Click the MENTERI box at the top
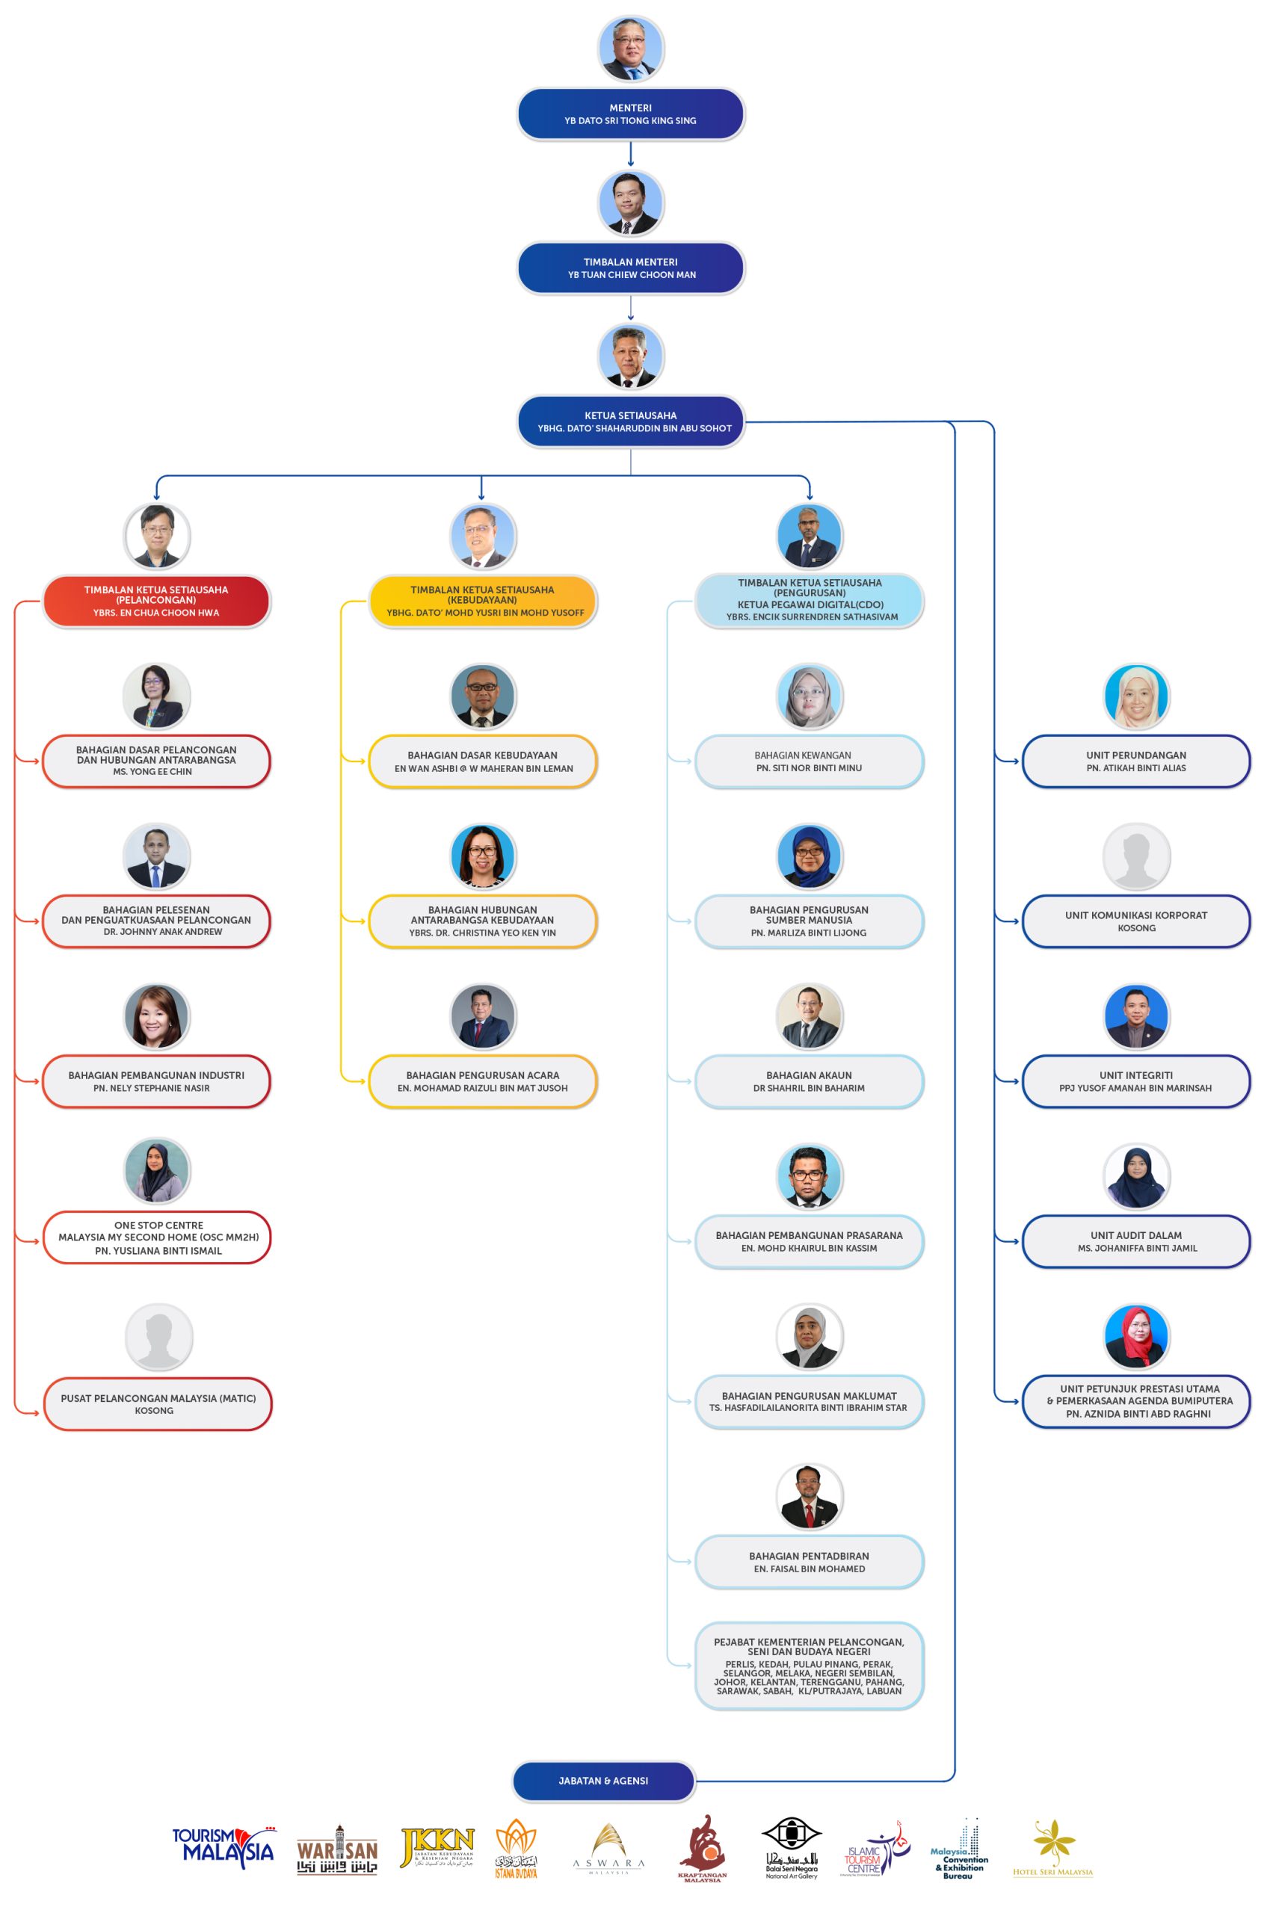coord(630,114)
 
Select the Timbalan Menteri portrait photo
coord(630,202)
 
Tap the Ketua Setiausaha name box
coord(630,421)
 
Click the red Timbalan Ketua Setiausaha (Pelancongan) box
coord(156,601)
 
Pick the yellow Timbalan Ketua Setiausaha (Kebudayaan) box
coord(482,601)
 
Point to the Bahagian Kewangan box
coord(809,761)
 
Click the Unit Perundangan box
coord(1135,761)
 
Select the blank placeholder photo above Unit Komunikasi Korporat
coord(1136,856)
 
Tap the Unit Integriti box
coord(1135,1081)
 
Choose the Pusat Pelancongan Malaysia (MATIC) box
coord(158,1404)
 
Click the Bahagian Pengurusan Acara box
coord(482,1081)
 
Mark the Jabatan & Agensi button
coord(604,1781)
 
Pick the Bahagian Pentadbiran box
coord(809,1562)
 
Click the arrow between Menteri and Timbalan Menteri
coord(630,153)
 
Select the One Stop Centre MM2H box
coord(156,1237)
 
